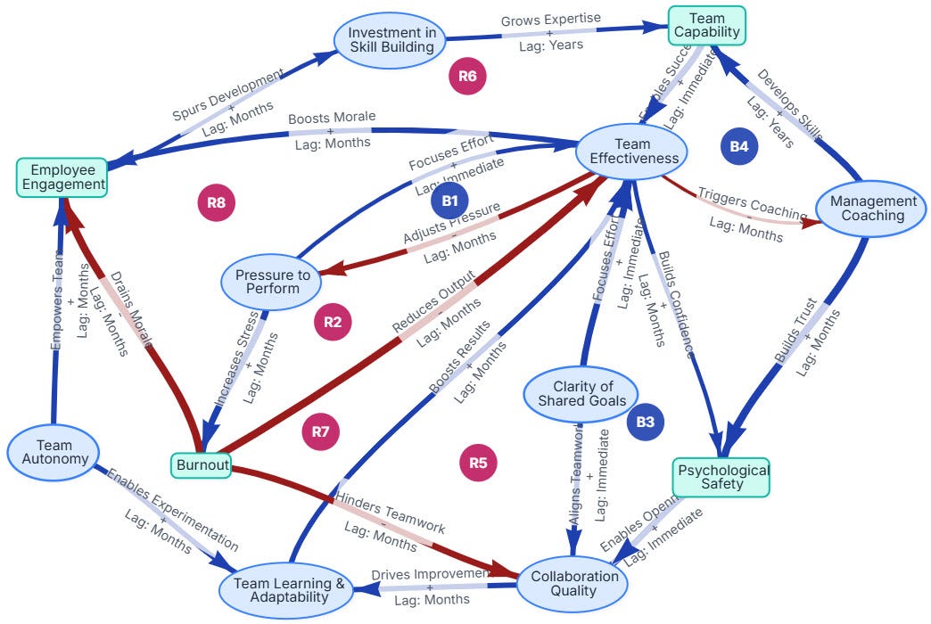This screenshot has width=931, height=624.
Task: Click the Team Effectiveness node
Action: click(x=632, y=151)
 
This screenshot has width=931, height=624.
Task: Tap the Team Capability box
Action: click(x=705, y=25)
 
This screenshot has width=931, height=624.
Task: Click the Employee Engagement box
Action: click(x=62, y=177)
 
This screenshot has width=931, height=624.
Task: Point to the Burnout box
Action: click(x=201, y=464)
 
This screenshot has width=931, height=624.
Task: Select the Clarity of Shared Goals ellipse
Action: click(x=581, y=393)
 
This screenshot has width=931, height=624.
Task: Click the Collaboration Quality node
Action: click(x=574, y=583)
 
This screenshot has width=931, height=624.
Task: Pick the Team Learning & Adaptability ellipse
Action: click(x=288, y=590)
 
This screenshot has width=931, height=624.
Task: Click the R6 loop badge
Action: click(x=467, y=77)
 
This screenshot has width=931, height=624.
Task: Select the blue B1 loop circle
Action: click(x=449, y=201)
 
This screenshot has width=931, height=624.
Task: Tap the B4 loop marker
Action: click(x=739, y=146)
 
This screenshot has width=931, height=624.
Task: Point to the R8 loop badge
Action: click(x=216, y=202)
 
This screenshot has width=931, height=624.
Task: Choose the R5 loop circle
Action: click(x=478, y=462)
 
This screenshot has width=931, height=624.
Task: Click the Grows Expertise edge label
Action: click(x=550, y=19)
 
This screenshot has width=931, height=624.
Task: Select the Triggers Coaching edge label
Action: click(x=751, y=205)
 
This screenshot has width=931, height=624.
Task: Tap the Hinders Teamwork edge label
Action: click(x=389, y=514)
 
